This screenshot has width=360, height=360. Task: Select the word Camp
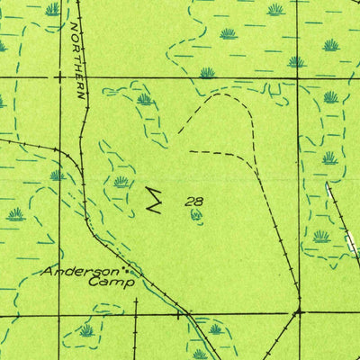pos(112,282)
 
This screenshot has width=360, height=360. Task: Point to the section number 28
pos(193,202)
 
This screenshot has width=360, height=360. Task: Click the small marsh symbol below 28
pos(195,215)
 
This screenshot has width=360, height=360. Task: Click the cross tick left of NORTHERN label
pos(59,77)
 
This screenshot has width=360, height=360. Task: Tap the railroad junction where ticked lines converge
pos(296,312)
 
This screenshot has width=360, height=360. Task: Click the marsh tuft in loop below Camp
pos(86,330)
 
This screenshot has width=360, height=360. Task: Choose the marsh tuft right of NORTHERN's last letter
pos(145,99)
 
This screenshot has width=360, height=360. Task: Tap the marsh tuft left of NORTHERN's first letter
pos(53,10)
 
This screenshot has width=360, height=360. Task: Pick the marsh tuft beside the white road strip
pos(322,236)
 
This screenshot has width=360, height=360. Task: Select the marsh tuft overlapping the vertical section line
pos(296,62)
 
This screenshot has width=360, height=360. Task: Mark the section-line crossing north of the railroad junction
pos(297,78)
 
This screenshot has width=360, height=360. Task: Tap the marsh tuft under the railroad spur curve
pos(56,175)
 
